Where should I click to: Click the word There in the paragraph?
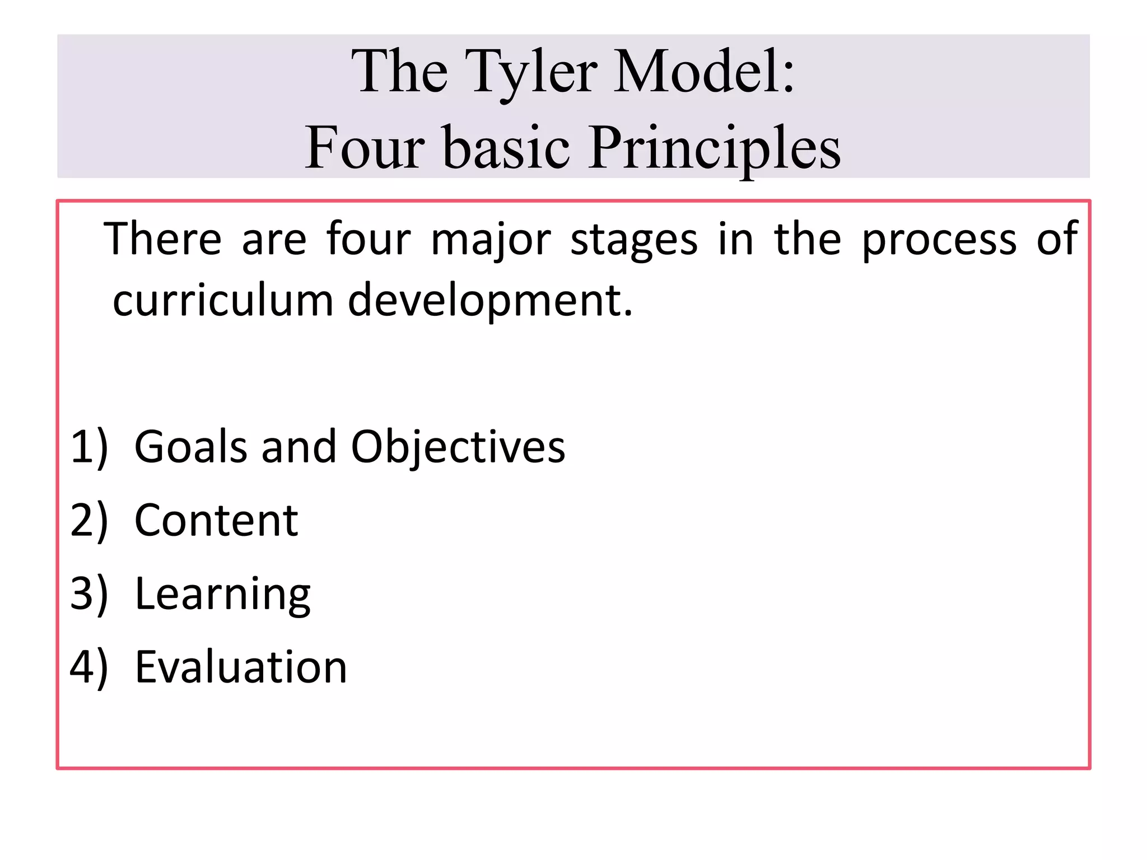163,239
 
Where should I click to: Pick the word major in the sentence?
491,240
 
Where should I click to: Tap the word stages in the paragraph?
634,240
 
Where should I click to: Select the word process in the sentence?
939,240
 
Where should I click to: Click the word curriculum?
223,300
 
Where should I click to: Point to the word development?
490,301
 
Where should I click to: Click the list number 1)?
88,447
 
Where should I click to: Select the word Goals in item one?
190,447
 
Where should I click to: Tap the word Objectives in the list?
458,448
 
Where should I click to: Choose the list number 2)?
88,521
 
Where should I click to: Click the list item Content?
216,521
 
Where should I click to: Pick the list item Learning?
222,595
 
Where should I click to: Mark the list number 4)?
88,667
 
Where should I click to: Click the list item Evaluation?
241,667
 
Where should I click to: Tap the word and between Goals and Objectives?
299,447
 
